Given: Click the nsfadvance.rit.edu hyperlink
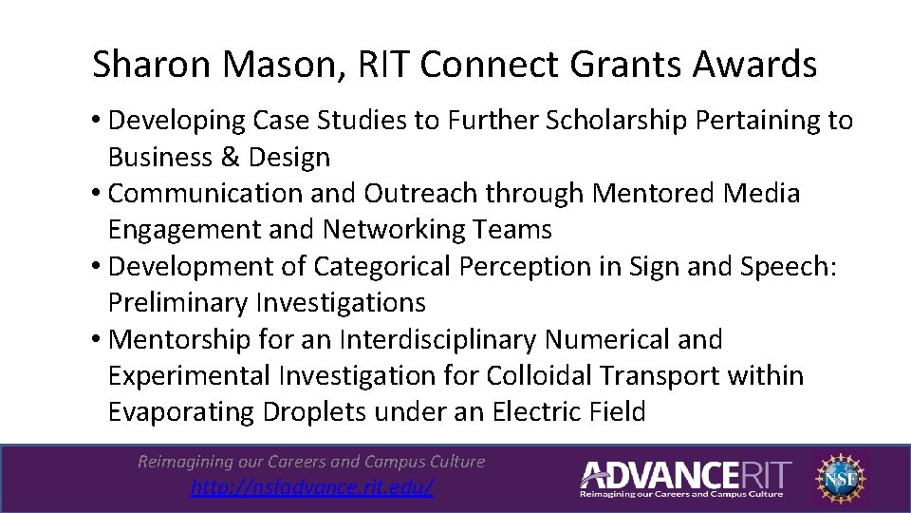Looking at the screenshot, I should [x=312, y=487].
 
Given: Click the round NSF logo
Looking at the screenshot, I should [x=842, y=476].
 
